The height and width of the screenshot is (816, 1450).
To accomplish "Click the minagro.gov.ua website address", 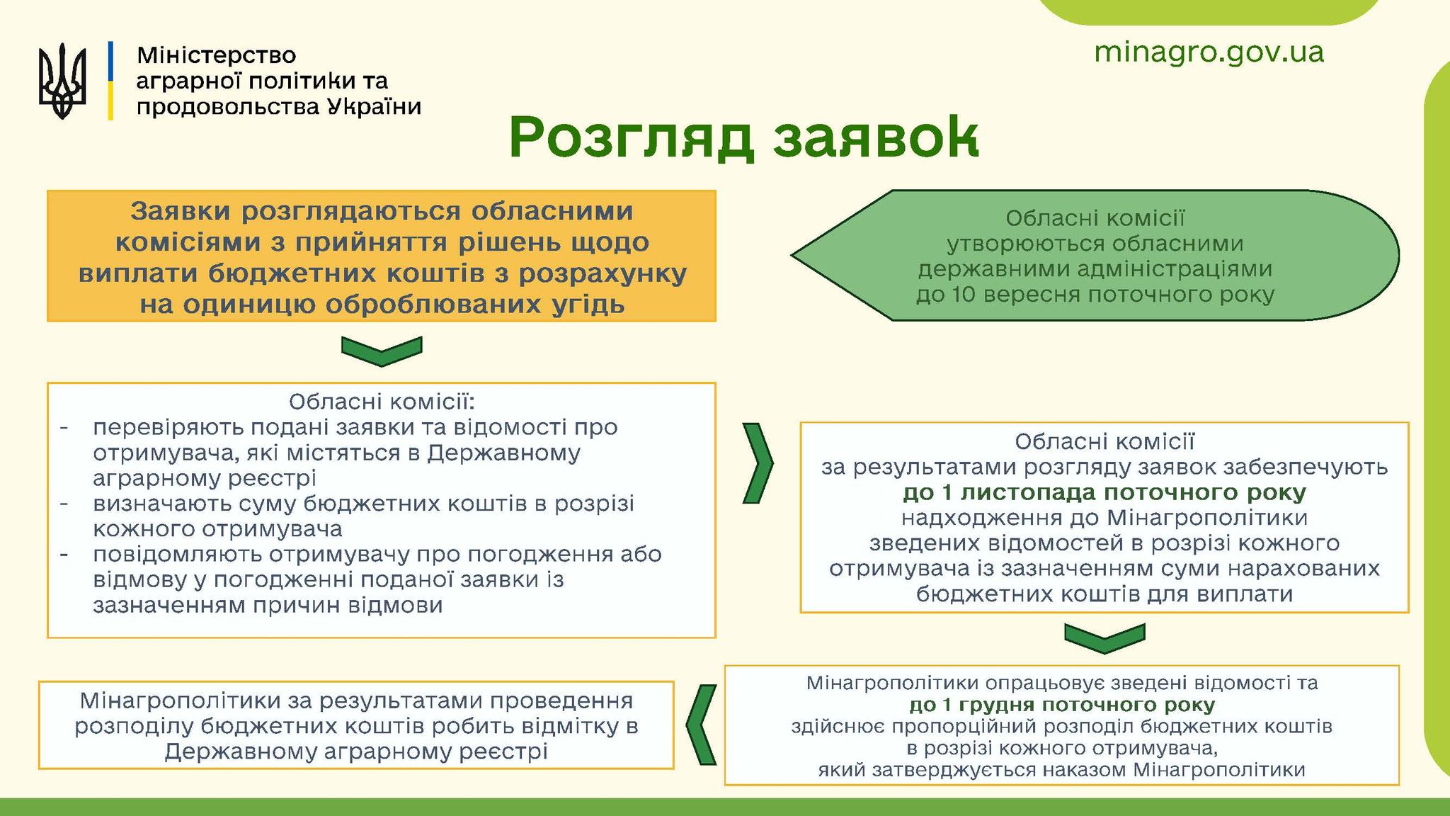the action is (x=1209, y=52).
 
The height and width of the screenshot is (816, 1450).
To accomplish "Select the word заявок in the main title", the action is (x=876, y=139).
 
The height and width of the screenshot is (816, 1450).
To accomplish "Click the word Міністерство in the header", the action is (x=216, y=55).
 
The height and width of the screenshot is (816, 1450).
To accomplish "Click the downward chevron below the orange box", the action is (x=382, y=351).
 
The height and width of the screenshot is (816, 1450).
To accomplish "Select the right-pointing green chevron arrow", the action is (x=758, y=463).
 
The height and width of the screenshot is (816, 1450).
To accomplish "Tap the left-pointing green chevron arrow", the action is (x=702, y=725).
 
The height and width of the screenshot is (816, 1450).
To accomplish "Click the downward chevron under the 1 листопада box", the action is (x=1104, y=638).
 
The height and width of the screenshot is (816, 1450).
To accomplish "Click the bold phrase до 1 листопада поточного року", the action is (x=1104, y=492).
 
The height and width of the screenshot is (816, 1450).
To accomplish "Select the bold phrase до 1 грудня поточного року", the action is (x=1062, y=705).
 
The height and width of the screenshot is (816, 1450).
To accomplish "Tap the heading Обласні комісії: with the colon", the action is (x=382, y=402).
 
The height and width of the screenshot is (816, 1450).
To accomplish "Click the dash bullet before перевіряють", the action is (x=64, y=429).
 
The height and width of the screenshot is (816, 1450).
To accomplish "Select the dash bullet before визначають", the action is (x=64, y=504).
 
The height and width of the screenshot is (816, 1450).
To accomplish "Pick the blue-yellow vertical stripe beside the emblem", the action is (x=110, y=80).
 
